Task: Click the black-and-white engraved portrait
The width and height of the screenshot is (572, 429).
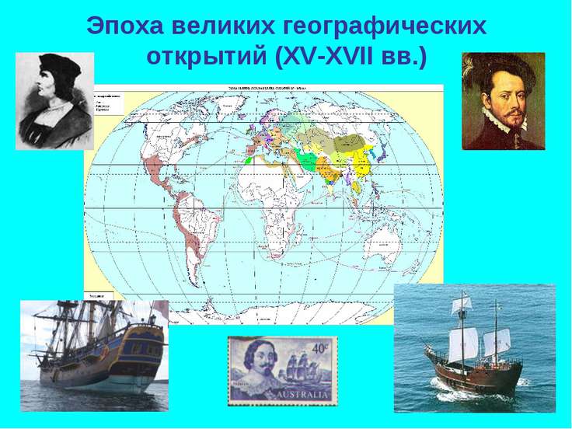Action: tap(54, 101)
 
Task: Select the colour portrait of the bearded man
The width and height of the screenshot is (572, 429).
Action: tap(503, 101)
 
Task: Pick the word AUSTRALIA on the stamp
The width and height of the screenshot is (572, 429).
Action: tap(282, 396)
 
